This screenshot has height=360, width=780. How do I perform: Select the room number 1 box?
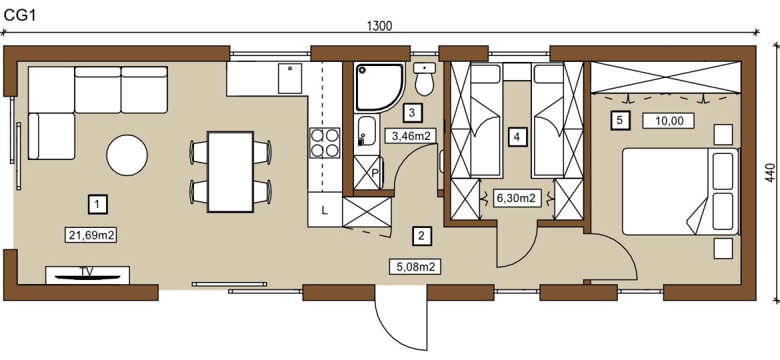pos(98,204)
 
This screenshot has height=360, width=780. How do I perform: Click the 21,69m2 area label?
pos(91,235)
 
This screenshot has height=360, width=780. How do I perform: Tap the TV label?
pos(87,271)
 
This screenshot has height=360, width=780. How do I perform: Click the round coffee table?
pos(127,155)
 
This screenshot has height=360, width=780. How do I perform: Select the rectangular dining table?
pos(230,172)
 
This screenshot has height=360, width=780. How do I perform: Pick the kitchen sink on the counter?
pos(290,79)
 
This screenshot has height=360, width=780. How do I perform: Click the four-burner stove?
pos(325,143)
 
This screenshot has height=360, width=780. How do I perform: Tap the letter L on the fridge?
pos(325,210)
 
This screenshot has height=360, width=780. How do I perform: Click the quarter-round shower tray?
pos(379,87)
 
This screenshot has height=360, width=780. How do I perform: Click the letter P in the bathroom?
pos(375,173)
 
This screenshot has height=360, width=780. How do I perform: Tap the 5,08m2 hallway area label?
pos(415,267)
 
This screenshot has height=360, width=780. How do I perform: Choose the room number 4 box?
pos(517,136)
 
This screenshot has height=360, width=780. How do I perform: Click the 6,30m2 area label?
pos(516,198)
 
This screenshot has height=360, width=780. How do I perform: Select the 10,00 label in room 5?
pos(668,120)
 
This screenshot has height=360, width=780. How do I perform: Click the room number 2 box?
pos(422,236)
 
